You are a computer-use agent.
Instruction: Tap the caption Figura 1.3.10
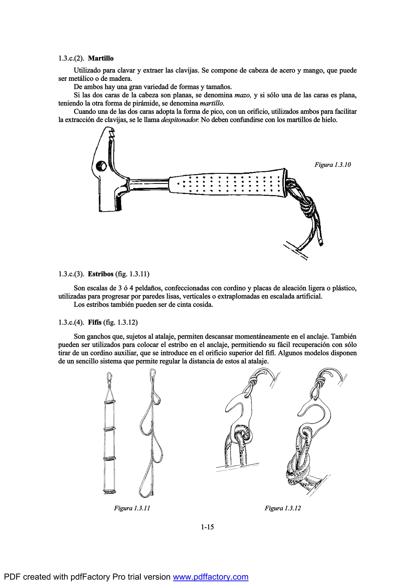(x=333, y=165)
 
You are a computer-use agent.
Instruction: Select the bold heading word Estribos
(x=100, y=274)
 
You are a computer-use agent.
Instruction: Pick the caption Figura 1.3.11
(x=132, y=508)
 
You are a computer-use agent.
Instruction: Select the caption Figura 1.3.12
(x=283, y=508)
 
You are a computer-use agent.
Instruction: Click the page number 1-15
(x=207, y=527)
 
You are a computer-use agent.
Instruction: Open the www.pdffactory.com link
(x=211, y=577)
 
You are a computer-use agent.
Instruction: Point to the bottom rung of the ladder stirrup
(x=110, y=492)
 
